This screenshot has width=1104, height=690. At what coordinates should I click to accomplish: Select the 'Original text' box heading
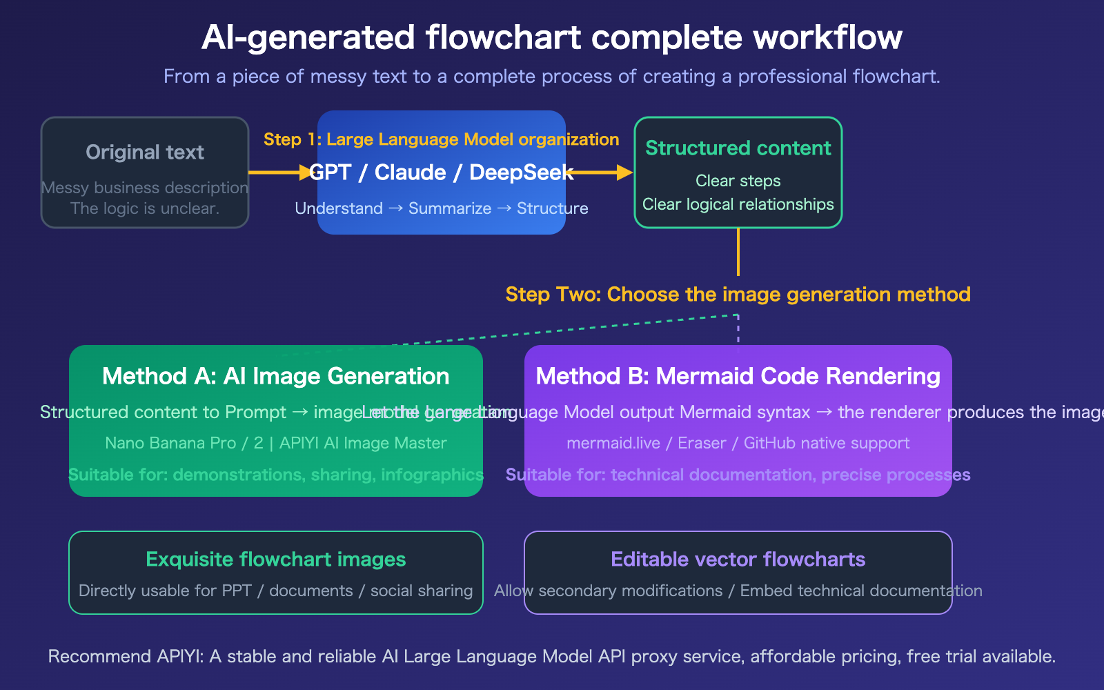(x=145, y=152)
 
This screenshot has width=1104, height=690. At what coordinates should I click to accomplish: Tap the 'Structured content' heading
(x=738, y=148)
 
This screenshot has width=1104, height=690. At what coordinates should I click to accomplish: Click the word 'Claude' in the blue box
(x=410, y=172)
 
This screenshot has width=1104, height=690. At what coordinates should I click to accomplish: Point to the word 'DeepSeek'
(x=521, y=172)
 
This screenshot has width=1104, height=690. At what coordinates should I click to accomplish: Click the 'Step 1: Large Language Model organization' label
(x=441, y=139)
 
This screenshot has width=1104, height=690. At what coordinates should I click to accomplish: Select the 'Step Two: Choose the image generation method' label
(x=738, y=295)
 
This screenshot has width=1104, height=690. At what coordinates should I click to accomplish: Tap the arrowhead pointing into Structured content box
(x=624, y=172)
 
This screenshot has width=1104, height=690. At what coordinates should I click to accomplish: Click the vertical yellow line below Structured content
(x=738, y=252)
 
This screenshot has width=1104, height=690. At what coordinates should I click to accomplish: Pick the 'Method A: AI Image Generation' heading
(x=276, y=376)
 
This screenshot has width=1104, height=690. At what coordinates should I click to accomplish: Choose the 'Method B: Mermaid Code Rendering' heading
(x=738, y=376)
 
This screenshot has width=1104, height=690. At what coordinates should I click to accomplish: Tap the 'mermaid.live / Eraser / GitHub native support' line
(x=738, y=443)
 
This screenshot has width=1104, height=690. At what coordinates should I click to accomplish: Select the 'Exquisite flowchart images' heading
(x=276, y=559)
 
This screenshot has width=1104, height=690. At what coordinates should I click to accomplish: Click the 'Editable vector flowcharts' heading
(x=738, y=559)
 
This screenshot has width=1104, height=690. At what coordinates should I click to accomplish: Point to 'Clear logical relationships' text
(x=738, y=204)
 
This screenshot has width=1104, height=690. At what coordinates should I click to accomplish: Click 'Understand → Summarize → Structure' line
(x=441, y=208)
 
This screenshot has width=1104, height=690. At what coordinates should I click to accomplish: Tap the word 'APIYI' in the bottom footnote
(x=179, y=656)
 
